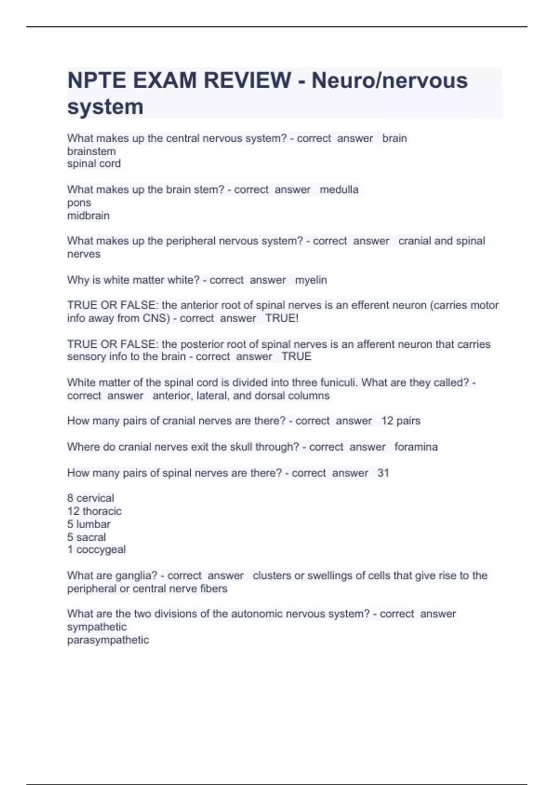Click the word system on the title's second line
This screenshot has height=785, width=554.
coord(105,107)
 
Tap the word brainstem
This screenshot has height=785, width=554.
coord(91,151)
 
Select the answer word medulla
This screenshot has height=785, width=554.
coord(339,189)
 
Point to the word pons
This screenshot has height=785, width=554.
coord(79,203)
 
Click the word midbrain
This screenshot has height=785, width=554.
coord(88,216)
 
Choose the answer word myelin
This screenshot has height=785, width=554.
coord(311,280)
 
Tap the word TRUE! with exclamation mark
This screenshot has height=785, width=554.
coord(282,318)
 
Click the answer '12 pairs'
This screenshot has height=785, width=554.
coord(401,421)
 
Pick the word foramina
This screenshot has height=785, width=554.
coord(415,447)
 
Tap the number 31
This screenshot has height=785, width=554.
coord(383,473)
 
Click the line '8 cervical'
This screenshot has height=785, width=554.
coord(90,498)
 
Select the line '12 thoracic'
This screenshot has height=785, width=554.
coord(94,511)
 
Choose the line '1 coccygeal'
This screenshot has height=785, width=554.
coord(96,549)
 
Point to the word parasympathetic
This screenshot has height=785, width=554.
coord(108,640)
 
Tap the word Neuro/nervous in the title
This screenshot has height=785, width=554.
coord(389,80)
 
